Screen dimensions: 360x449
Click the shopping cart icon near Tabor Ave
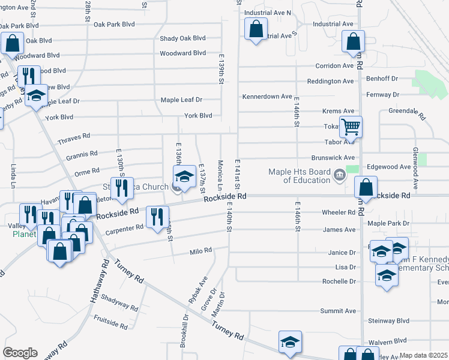pos(351,127)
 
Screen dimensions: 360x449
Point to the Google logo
pos(20,353)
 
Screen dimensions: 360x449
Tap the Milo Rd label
pos(201,251)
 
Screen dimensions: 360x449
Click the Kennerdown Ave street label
pos(267,97)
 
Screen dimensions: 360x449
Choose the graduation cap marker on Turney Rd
pos(291,342)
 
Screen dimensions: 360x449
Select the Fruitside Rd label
pos(110,323)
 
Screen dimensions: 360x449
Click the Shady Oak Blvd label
pos(182,38)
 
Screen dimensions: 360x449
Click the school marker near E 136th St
pos(184,177)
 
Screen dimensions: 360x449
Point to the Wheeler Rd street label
pos(339,212)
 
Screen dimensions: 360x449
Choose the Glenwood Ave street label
pos(414,166)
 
